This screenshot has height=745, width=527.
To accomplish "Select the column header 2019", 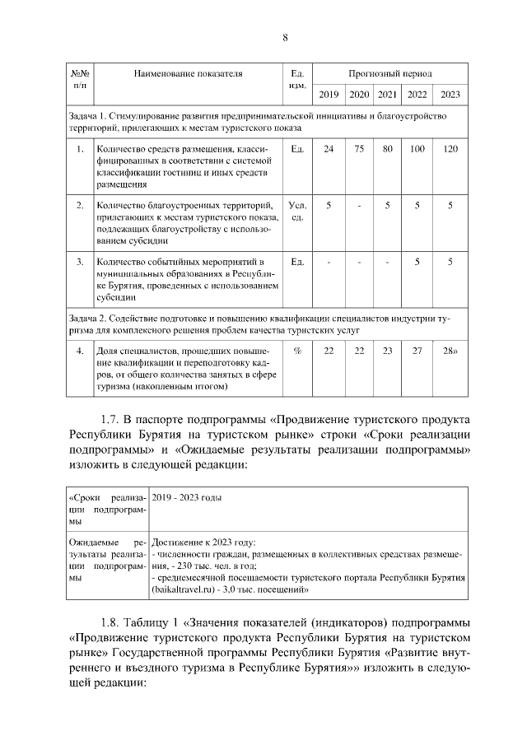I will pyautogui.click(x=329, y=94).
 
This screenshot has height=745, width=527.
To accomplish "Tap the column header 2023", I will pyautogui.click(x=450, y=94).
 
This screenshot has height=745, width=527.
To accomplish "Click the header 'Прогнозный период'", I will pyautogui.click(x=389, y=73).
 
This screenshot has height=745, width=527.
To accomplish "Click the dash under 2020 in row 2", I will pyautogui.click(x=359, y=205).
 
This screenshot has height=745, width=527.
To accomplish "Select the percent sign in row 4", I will pyautogui.click(x=297, y=351).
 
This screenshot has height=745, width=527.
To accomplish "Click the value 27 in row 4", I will pyautogui.click(x=417, y=351).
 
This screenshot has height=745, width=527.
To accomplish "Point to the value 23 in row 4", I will pyautogui.click(x=387, y=351).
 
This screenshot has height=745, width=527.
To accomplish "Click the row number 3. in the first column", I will pyautogui.click(x=80, y=262).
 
